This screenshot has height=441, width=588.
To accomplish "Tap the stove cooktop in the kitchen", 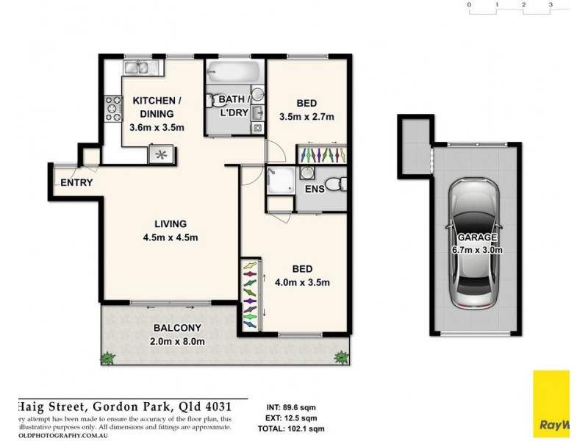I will click(113, 109).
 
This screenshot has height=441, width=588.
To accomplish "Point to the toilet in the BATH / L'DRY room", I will click(219, 101).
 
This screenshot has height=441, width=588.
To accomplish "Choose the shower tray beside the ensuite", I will click(281, 179).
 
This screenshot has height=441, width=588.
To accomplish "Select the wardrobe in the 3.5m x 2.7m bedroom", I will click(322, 155).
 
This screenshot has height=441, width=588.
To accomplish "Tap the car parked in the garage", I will click(474, 243).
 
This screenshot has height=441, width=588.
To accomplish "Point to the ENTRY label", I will click(76, 182).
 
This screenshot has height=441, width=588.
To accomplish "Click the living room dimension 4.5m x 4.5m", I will click(171, 237).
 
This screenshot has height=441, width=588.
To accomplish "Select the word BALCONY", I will click(173, 328).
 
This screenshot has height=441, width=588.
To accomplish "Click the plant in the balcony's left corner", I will click(107, 358).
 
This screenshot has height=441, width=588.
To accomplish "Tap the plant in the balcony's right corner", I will click(341, 358).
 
